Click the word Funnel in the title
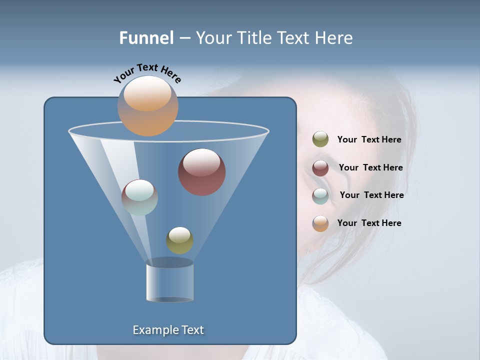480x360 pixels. tap(146, 38)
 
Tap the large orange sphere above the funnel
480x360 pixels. tap(147, 106)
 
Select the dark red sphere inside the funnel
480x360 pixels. tap(202, 172)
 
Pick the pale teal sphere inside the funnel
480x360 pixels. tap(139, 197)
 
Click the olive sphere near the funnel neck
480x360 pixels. tap(179, 240)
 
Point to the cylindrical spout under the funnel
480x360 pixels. tap(169, 282)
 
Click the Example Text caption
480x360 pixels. tap(168, 330)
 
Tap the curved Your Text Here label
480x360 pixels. tap(147, 73)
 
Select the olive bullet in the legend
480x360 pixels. tap(320, 139)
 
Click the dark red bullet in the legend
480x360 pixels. tap(320, 168)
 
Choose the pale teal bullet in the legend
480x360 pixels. tap(320, 196)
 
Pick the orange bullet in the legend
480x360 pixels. tap(320, 223)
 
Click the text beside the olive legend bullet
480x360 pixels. tap(369, 140)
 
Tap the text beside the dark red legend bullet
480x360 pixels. tap(370, 168)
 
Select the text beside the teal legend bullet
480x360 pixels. tap(371, 195)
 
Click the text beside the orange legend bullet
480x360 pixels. tap(369, 223)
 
